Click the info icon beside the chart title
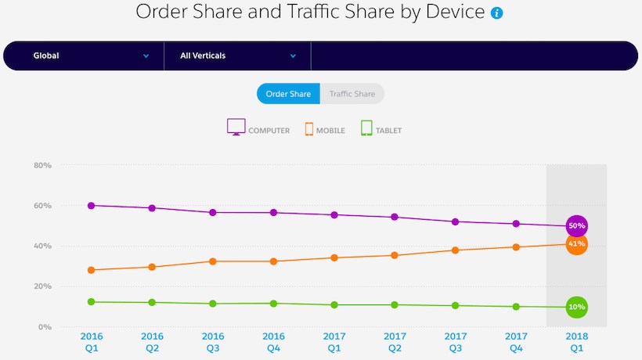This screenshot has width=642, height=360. (x=496, y=13)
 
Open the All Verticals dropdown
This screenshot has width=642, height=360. (x=238, y=56)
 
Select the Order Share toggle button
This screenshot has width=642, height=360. (x=288, y=94)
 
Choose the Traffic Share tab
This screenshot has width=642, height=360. (x=352, y=94)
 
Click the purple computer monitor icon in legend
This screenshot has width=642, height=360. (x=236, y=128)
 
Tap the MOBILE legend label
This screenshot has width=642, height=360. (x=330, y=131)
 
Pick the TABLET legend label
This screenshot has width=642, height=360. (x=388, y=131)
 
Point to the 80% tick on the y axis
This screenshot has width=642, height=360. (x=41, y=166)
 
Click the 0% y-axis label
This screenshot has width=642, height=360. (x=45, y=326)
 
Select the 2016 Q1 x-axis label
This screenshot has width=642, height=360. (x=92, y=341)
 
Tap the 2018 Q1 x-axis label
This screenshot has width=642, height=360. (x=577, y=341)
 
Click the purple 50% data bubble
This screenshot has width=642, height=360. (x=577, y=226)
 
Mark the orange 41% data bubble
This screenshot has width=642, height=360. (x=577, y=244)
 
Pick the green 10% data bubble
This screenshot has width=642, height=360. (x=577, y=307)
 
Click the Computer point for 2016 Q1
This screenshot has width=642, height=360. (x=92, y=206)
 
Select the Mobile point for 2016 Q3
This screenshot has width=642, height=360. (x=213, y=261)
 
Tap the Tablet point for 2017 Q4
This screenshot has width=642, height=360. (x=516, y=307)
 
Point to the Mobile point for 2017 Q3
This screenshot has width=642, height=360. (x=456, y=250)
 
